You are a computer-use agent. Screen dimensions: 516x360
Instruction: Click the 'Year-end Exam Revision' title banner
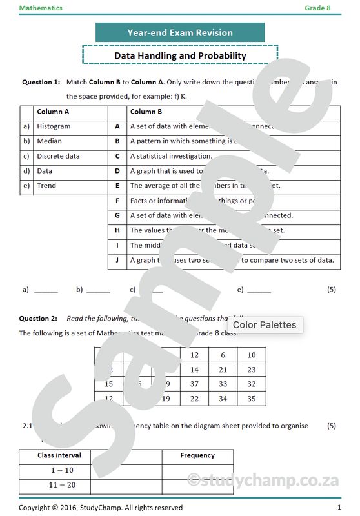(180, 32)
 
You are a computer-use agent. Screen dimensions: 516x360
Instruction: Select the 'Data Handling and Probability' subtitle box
(180, 55)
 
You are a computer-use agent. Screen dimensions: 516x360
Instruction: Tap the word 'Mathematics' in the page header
(41, 8)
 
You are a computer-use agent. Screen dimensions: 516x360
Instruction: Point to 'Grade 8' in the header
(317, 8)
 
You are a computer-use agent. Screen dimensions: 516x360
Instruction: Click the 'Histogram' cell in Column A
(54, 126)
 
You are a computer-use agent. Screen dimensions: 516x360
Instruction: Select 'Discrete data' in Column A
(58, 156)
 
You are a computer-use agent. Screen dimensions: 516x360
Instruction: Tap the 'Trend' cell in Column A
(46, 186)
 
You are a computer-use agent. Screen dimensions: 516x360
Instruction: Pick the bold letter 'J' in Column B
(117, 260)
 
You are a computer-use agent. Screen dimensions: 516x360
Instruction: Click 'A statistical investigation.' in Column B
(171, 156)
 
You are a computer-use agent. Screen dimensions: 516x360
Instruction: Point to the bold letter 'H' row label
(117, 230)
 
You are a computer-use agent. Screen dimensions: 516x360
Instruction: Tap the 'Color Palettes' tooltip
(265, 324)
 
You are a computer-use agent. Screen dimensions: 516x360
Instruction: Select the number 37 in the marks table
(194, 384)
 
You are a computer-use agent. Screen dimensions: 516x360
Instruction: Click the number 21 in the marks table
(223, 370)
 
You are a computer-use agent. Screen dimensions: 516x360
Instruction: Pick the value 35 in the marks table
(252, 399)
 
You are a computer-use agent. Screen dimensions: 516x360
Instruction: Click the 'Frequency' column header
(197, 455)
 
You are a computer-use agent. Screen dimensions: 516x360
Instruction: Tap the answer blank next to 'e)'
(259, 290)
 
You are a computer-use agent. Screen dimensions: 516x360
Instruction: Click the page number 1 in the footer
(339, 508)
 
